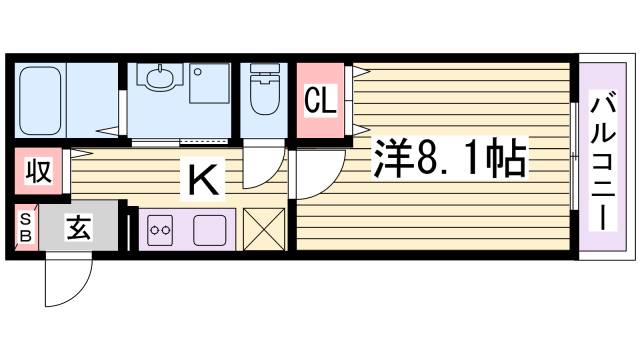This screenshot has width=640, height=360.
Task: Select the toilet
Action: pyautogui.click(x=266, y=94)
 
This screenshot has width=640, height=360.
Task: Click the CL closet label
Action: pyautogui.click(x=319, y=101)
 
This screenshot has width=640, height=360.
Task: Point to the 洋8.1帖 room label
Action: pyautogui.click(x=450, y=157)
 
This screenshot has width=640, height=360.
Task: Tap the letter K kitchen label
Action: pyautogui.click(x=203, y=181)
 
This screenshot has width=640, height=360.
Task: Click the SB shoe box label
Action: pyautogui.click(x=25, y=227)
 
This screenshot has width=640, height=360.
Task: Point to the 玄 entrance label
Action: pyautogui.click(x=79, y=228)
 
